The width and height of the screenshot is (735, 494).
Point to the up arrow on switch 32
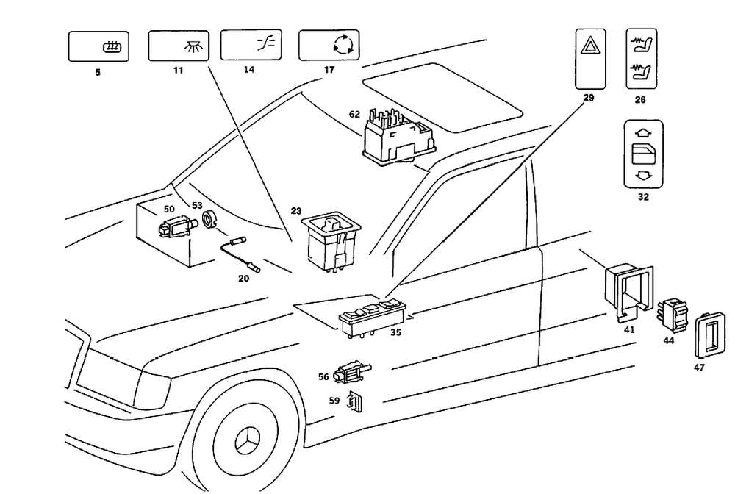(x=642, y=134)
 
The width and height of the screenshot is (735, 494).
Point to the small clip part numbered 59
(x=356, y=402)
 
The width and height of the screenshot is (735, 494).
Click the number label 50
(x=169, y=210)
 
